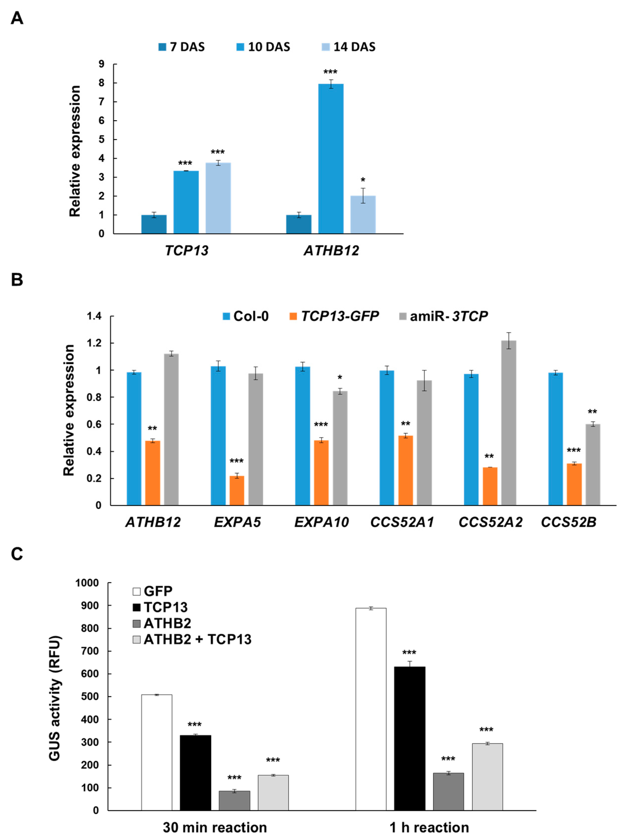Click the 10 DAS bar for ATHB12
[x=331, y=158]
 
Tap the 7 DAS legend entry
[x=182, y=47]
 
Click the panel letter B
[x=17, y=280]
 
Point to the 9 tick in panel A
[x=101, y=64]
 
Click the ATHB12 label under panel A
[x=331, y=250]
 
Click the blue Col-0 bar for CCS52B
[x=555, y=439]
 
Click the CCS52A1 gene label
[x=402, y=522]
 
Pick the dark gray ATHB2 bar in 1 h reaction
[x=448, y=791]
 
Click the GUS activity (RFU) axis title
[x=55, y=698]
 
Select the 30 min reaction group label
[x=215, y=828]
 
